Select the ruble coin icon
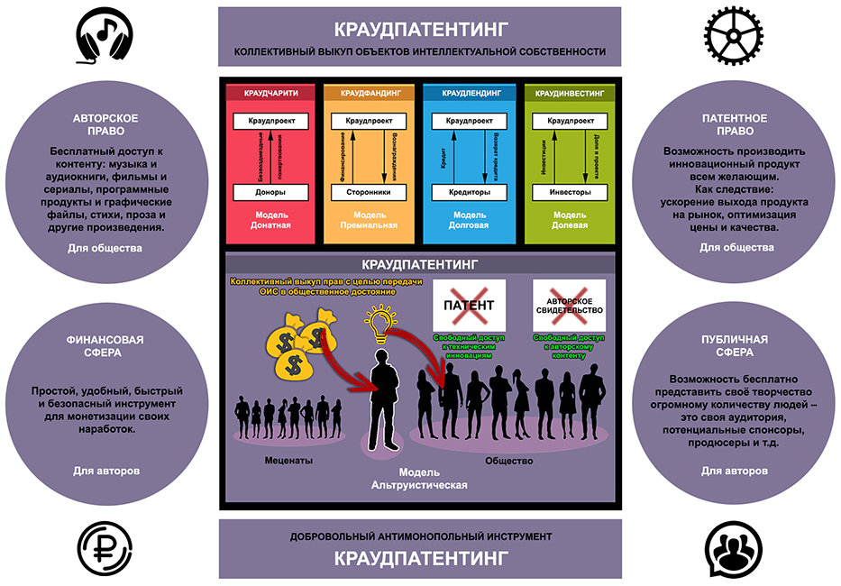[x=102, y=549]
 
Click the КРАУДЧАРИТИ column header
[x=270, y=93]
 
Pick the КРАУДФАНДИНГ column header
[x=368, y=93]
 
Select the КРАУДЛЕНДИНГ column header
[x=469, y=93]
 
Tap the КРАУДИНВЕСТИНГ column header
[x=569, y=93]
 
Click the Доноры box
[x=270, y=192]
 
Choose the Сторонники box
[x=368, y=192]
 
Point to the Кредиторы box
[x=469, y=192]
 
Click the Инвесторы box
[x=569, y=192]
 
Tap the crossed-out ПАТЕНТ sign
[x=469, y=305]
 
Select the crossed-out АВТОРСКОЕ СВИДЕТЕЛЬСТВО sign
[x=568, y=305]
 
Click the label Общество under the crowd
[x=509, y=461]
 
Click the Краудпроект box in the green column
[x=569, y=120]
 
